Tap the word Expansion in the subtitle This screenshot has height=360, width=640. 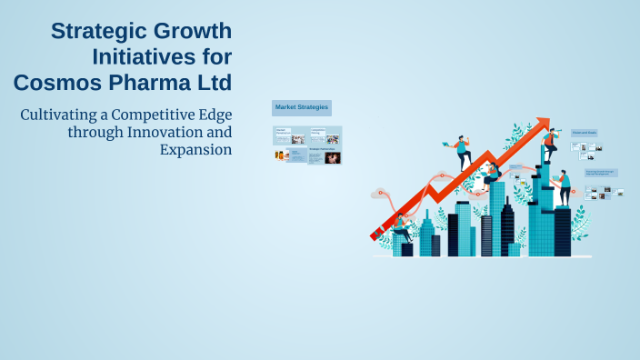[x=195, y=148]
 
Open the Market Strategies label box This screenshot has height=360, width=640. [x=302, y=108]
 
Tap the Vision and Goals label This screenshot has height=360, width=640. [x=585, y=133]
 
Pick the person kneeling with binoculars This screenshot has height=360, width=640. [x=491, y=173]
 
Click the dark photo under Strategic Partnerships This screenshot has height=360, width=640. [x=333, y=158]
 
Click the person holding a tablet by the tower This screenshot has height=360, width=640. [x=565, y=186]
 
